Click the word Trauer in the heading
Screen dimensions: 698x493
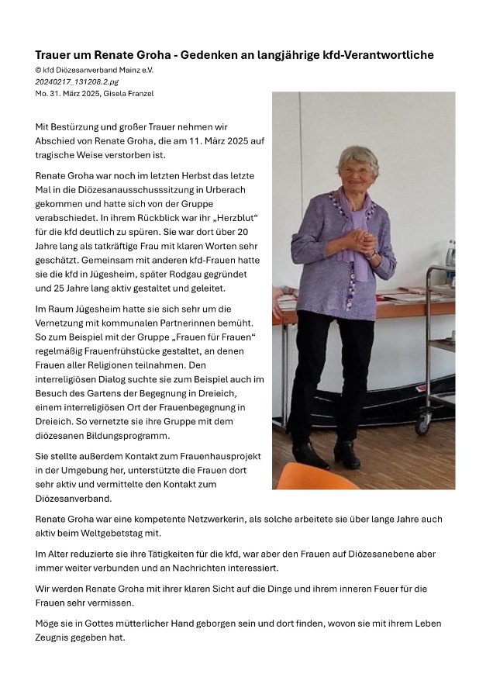pyautogui.click(x=53, y=55)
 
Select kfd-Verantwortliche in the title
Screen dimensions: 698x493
pyautogui.click(x=382, y=55)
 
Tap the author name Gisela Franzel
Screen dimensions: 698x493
pyautogui.click(x=129, y=93)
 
